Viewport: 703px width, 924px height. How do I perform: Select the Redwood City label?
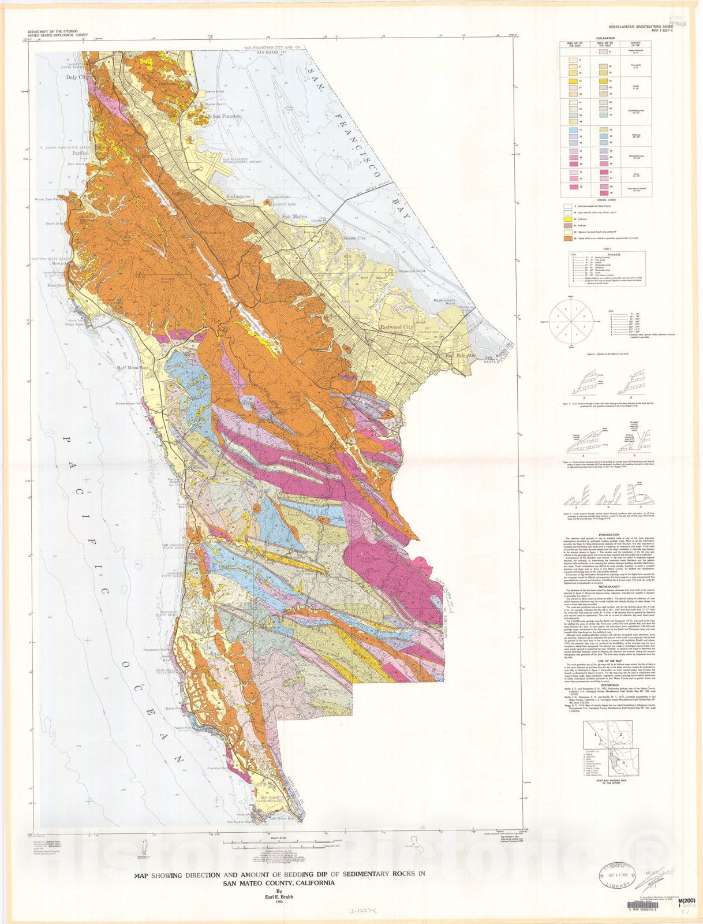pyautogui.click(x=397, y=327)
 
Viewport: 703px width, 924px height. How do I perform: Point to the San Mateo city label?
pyautogui.click(x=294, y=217)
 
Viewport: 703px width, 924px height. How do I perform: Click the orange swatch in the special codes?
pyautogui.click(x=567, y=238)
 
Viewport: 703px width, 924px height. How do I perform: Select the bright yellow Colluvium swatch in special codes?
pyautogui.click(x=567, y=219)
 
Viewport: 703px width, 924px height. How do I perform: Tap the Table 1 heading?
pyautogui.click(x=605, y=248)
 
